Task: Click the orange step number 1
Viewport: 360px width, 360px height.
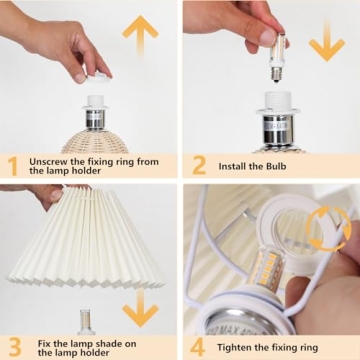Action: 13,165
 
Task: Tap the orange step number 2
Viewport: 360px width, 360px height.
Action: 199,165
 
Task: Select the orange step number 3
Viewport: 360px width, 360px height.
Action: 13,345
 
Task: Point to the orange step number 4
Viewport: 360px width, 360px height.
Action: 199,345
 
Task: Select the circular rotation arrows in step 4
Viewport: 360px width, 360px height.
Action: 328,229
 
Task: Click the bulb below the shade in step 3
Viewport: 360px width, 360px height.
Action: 89,322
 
